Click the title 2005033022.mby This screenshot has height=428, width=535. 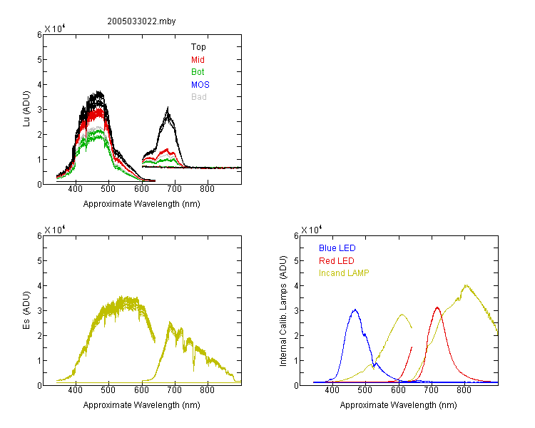click(x=141, y=21)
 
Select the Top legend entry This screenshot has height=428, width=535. click(x=198, y=47)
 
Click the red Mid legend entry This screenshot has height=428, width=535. click(x=198, y=60)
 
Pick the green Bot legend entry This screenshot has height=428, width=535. click(x=198, y=72)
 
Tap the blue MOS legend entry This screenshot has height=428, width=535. click(x=200, y=85)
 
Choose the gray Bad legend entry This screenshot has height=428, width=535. click(x=199, y=97)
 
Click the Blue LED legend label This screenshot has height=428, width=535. click(x=337, y=248)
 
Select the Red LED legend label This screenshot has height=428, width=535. click(x=337, y=261)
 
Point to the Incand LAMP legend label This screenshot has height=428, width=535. click(x=344, y=273)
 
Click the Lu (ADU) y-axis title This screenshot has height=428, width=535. click(x=26, y=109)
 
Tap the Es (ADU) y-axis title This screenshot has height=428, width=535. click(x=26, y=310)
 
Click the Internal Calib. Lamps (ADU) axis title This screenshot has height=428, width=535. click(x=283, y=311)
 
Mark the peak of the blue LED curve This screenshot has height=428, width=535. click(x=355, y=310)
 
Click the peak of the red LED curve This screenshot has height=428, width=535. click(x=437, y=307)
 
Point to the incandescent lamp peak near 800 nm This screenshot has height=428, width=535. click(x=466, y=285)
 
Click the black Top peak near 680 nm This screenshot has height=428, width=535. click(x=168, y=108)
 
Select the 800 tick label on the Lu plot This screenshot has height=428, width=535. click(x=207, y=189)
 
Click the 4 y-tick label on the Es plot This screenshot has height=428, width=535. click(x=39, y=285)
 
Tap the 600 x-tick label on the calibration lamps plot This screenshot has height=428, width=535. click(x=398, y=390)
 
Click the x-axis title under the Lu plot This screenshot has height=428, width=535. click(x=142, y=204)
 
